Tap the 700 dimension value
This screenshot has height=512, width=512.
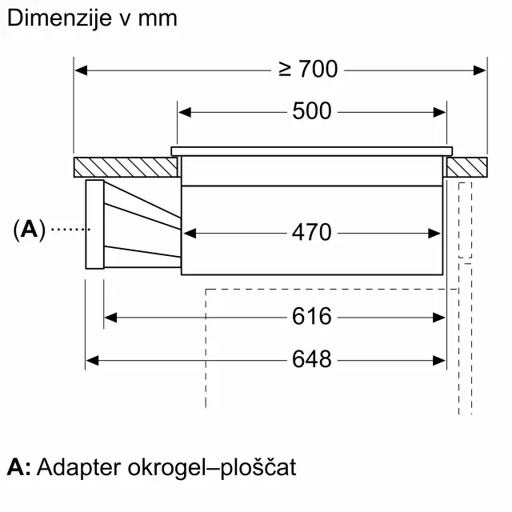point(318,69)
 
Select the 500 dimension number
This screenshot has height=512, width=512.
point(312,111)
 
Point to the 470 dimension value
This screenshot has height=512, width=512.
point(311,233)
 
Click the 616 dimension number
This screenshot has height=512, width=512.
point(311,317)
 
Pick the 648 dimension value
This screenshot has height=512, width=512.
point(311,359)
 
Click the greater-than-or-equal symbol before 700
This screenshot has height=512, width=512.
point(285,70)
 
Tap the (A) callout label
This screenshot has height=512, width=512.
point(29,230)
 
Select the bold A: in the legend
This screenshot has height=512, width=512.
point(19,467)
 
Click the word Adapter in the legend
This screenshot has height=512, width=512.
point(79,468)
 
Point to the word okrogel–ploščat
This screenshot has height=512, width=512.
point(212,468)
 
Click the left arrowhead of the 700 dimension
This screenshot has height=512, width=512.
point(81,70)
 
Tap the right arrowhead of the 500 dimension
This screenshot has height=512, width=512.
point(439,112)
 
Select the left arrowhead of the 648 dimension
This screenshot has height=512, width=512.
point(92,361)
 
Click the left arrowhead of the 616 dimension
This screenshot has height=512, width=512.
point(110,318)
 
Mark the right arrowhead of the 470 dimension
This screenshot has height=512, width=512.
point(434,234)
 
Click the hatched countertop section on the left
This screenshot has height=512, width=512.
point(126,167)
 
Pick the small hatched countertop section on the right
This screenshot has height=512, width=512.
point(467,167)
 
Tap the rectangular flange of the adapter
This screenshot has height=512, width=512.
point(94,224)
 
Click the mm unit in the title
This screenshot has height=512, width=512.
point(158,20)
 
